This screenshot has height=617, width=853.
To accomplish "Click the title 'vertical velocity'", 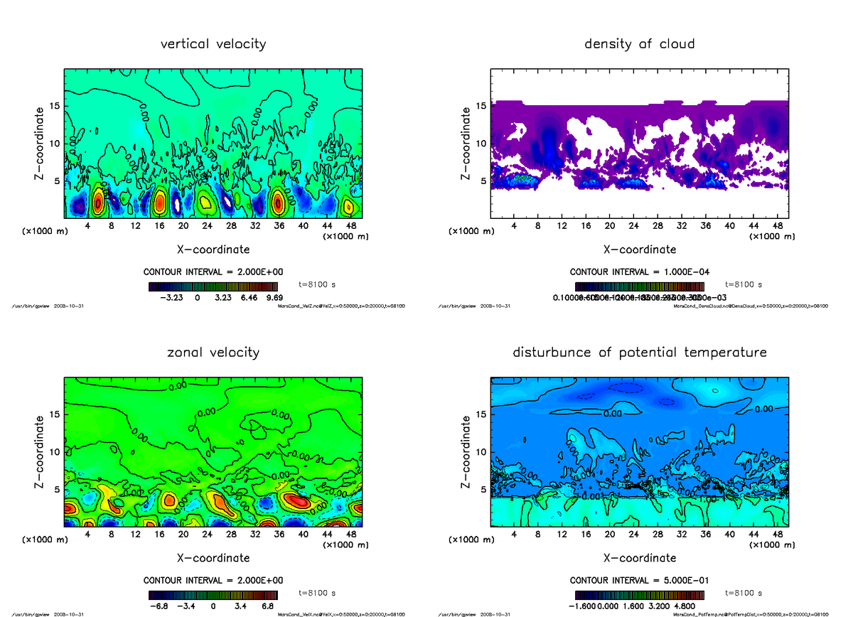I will tap(213, 44).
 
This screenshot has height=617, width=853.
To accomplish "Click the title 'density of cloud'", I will tap(639, 44).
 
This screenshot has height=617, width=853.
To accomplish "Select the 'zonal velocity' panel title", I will tap(213, 353).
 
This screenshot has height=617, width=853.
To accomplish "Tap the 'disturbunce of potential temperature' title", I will tap(639, 353).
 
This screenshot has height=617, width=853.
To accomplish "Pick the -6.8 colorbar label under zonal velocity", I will tap(159, 606).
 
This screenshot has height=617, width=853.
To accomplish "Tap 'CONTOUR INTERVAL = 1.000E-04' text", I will tap(640, 272).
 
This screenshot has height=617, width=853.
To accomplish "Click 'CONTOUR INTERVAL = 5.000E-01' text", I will tap(640, 580).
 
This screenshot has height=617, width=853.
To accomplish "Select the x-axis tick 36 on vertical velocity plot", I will tap(279, 226).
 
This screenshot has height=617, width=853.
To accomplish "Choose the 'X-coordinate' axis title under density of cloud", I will tap(640, 250).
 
